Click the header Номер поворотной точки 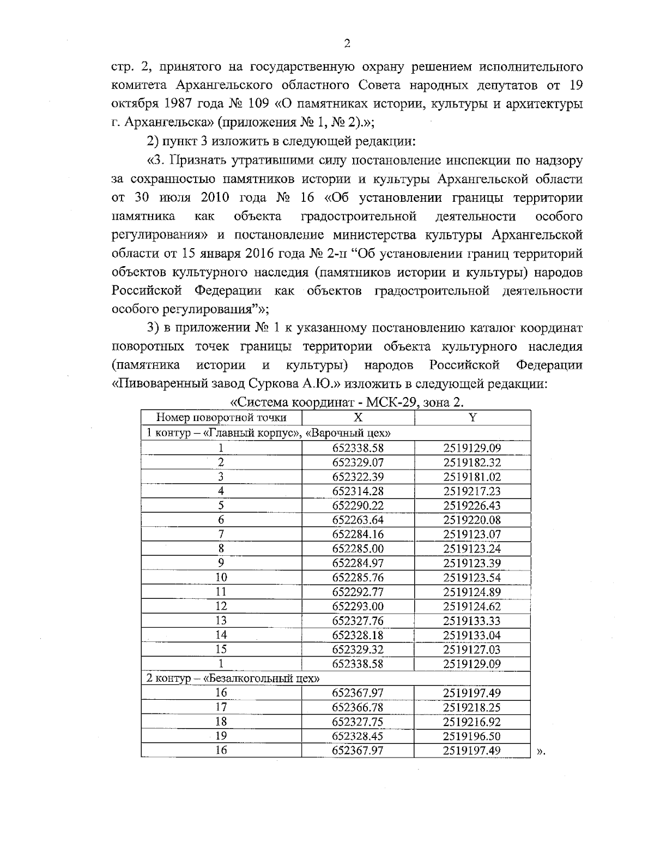(x=221, y=418)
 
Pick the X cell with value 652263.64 (x=358, y=520)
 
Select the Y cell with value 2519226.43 (x=472, y=506)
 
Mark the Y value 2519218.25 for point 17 (x=472, y=707)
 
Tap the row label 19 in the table (x=221, y=736)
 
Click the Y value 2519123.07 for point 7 (x=472, y=534)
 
